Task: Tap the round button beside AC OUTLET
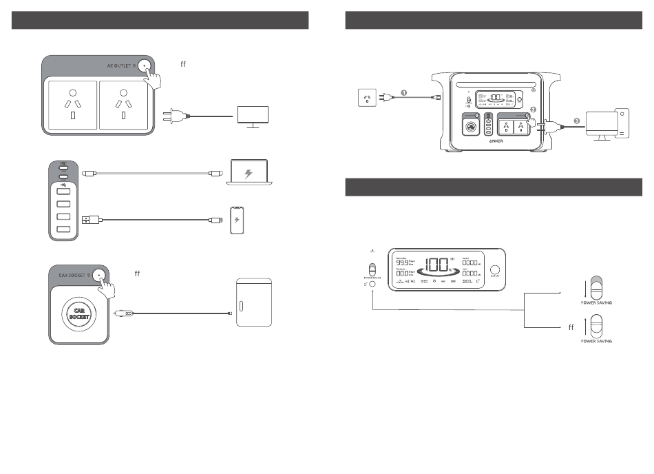pos(145,66)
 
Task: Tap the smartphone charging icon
pos(238,220)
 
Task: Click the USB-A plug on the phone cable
pos(89,220)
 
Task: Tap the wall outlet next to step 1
pos(367,98)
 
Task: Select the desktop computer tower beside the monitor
pos(622,123)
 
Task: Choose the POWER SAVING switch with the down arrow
pos(597,288)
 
